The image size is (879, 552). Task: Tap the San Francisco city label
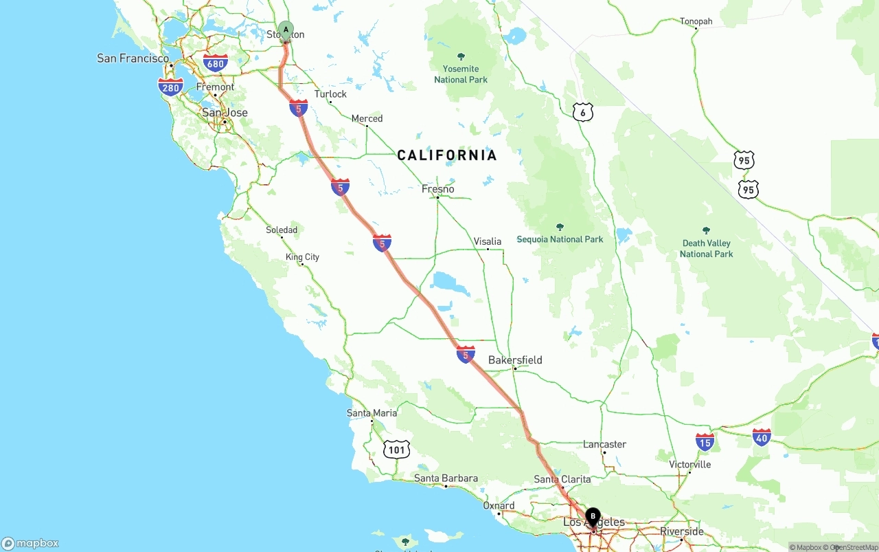pyautogui.click(x=133, y=58)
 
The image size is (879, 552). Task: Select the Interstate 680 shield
pyautogui.click(x=216, y=63)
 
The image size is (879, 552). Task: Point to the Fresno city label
pyautogui.click(x=438, y=189)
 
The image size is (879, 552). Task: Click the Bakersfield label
pyautogui.click(x=515, y=360)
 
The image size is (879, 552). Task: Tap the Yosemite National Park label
pyautogui.click(x=461, y=74)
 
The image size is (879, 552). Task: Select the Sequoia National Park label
pyautogui.click(x=560, y=239)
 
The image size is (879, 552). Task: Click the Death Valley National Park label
pyautogui.click(x=707, y=248)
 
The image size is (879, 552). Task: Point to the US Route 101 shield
pyautogui.click(x=396, y=450)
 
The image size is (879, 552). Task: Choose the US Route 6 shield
pyautogui.click(x=582, y=112)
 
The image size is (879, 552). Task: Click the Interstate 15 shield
pyautogui.click(x=705, y=441)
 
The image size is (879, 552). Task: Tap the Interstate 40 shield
pyautogui.click(x=762, y=436)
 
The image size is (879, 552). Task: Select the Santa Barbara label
pyautogui.click(x=446, y=478)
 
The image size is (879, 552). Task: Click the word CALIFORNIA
pyautogui.click(x=447, y=155)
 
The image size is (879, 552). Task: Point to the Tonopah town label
pyautogui.click(x=696, y=21)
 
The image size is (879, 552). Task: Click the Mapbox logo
pyautogui.click(x=30, y=543)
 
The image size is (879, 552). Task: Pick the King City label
pyautogui.click(x=303, y=257)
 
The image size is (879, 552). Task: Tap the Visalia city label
pyautogui.click(x=488, y=241)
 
